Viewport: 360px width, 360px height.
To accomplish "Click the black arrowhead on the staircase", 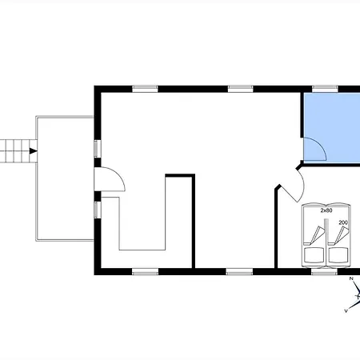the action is pos(33,151).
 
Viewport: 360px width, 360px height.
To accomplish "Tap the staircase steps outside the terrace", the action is pos(18,151).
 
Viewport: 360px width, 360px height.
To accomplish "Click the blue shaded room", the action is pos(332,127).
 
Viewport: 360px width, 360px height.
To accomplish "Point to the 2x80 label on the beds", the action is pos(326,210).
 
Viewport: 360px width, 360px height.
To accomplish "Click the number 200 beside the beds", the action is pos(343,222).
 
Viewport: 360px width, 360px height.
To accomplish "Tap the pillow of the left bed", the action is pos(314,255).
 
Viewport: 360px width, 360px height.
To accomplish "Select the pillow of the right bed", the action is pos(338,255).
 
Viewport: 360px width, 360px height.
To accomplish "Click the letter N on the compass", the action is pos(351,278).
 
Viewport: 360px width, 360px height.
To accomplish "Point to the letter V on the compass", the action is pos(346,311).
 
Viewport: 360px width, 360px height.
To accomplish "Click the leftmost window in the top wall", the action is pos(145,89).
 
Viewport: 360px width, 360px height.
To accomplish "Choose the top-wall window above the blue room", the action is pos(325,89).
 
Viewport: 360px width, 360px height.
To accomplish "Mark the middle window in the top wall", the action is pos(240,89).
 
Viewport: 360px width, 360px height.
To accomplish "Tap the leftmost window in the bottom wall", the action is pos(146,272).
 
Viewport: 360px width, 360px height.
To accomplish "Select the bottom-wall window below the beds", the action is pos(324,272).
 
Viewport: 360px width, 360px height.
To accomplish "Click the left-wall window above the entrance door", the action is pos(98,149).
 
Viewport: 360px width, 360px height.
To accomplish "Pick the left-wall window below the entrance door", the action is pos(98,210).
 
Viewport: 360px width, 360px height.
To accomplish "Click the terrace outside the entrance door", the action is pos(65,178).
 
